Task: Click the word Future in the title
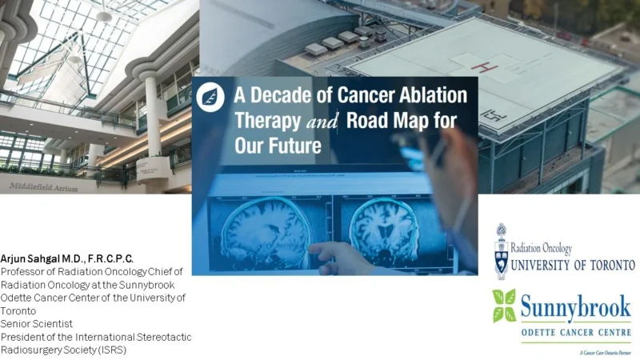[x=290, y=146]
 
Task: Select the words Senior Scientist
[x=37, y=323]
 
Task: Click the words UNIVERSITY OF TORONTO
[x=573, y=265]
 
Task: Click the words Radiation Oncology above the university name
[x=544, y=247]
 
